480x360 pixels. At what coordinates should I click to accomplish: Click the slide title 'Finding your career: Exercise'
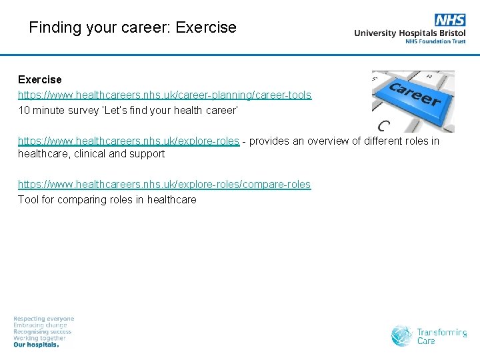133,27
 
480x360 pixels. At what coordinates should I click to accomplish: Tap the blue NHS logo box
450,20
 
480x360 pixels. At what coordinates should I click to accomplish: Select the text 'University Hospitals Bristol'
409,33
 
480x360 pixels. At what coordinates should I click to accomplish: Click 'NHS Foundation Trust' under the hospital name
435,41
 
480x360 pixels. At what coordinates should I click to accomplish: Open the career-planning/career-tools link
164,95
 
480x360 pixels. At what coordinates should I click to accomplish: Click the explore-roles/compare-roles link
164,184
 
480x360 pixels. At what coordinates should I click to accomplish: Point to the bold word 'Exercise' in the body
39,80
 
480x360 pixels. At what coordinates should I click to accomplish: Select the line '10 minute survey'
127,111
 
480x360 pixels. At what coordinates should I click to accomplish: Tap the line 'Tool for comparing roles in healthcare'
107,199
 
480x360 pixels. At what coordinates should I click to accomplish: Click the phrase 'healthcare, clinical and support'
91,154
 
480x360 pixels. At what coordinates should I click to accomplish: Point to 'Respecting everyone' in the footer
44,319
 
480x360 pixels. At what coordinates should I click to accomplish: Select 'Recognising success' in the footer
43,332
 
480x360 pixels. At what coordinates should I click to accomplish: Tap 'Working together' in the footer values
40,339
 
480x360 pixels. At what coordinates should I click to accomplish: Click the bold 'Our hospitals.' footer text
37,345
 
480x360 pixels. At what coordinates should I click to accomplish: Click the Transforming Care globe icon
402,335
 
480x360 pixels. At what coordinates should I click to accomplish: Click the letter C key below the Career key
383,125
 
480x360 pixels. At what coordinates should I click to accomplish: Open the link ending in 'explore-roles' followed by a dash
128,141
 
